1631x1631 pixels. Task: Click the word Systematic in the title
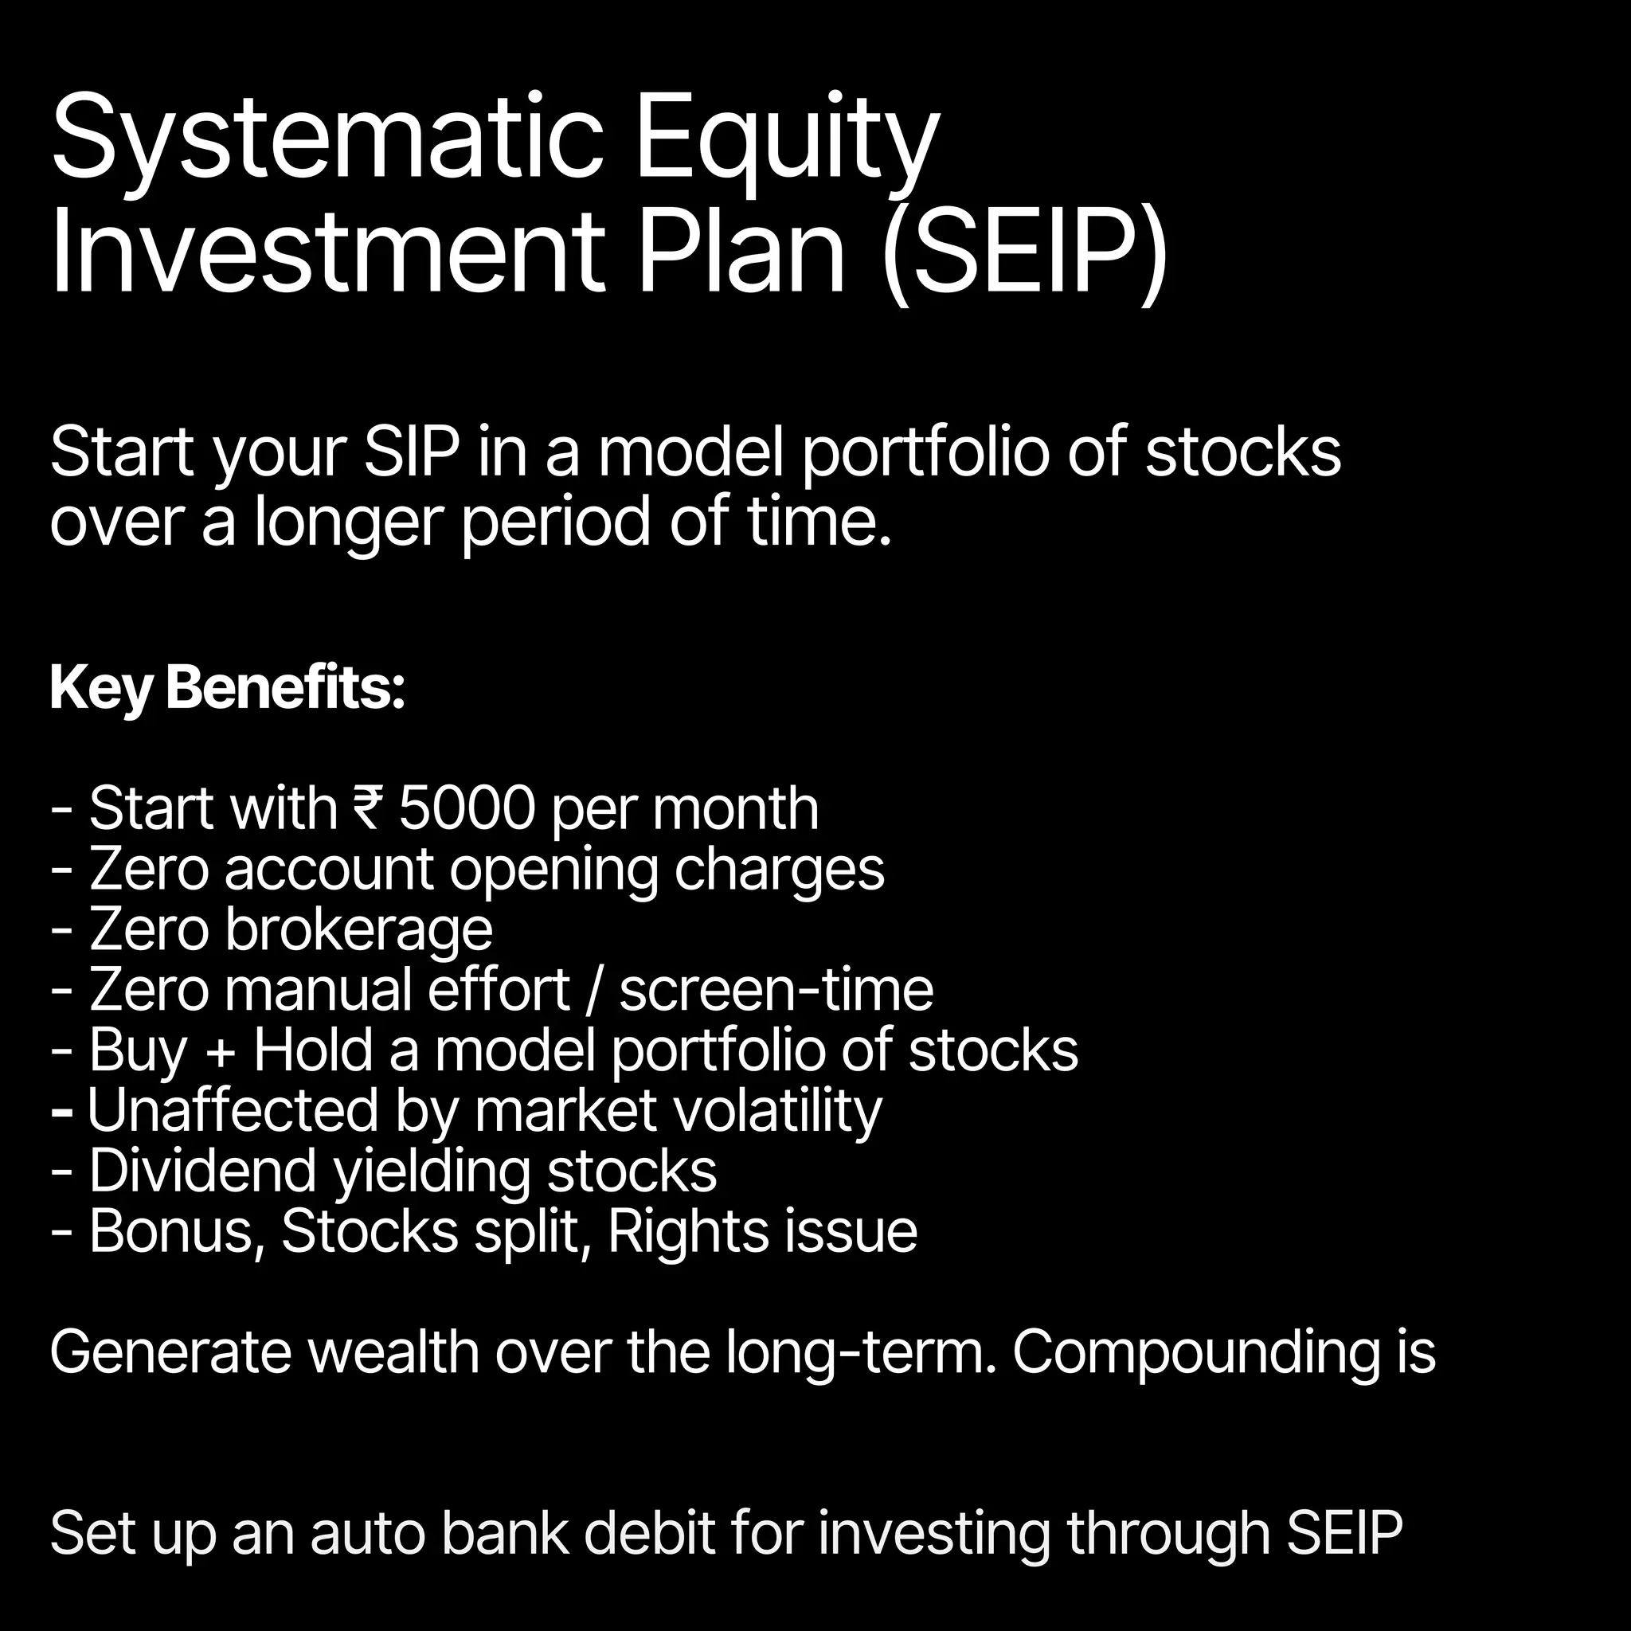click(x=327, y=139)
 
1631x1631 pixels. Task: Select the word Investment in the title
click(x=328, y=253)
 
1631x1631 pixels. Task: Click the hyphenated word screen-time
click(x=776, y=989)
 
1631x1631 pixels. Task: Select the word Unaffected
click(x=233, y=1111)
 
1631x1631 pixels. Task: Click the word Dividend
click(x=202, y=1171)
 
